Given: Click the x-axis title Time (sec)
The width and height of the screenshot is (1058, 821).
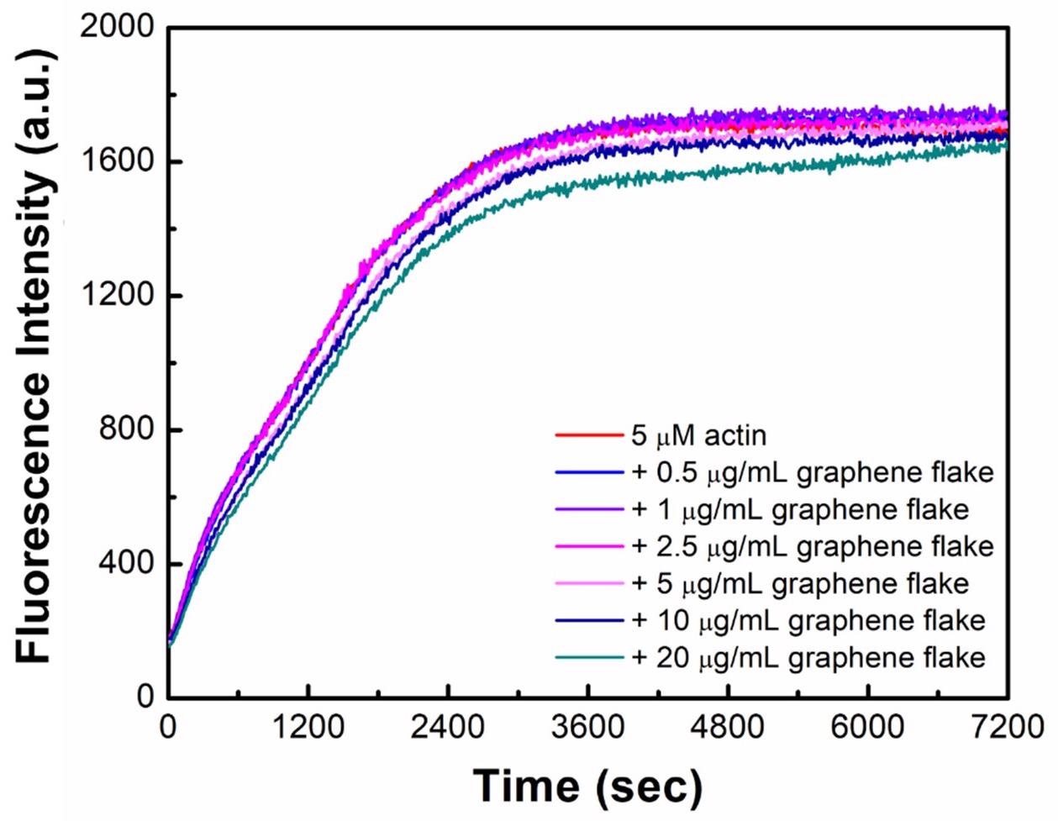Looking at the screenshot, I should [x=587, y=785].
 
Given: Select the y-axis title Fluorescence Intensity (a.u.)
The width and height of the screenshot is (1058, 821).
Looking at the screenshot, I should [x=35, y=357].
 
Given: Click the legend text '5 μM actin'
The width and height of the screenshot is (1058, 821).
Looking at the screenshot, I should [x=698, y=436].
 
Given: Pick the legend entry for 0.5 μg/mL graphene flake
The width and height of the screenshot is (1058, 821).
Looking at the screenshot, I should [x=812, y=473].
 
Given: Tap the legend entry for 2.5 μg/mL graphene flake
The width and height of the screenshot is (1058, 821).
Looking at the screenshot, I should [x=812, y=547].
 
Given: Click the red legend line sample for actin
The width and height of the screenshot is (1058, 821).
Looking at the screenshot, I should [x=587, y=436].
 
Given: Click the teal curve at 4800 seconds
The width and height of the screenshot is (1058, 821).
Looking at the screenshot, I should [x=728, y=171].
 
